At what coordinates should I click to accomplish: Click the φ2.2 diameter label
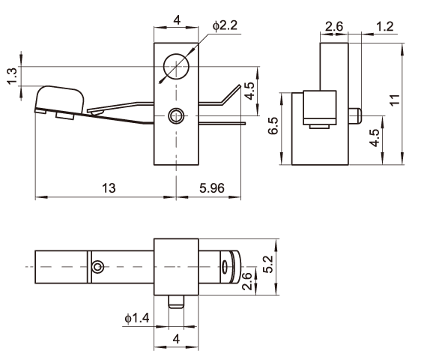[225, 25]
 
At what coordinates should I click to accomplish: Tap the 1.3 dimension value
[13, 76]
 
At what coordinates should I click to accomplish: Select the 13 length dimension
[109, 187]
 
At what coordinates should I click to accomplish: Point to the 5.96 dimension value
[212, 187]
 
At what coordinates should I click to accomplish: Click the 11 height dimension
[395, 100]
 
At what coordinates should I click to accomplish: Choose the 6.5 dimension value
[273, 125]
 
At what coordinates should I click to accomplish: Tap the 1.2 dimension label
[385, 26]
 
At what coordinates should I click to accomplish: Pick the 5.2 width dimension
[268, 264]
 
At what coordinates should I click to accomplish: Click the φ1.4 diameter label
[137, 318]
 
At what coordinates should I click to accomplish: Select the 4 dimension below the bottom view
[176, 338]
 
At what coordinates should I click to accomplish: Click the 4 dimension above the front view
[177, 20]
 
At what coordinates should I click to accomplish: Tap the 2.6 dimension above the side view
[334, 26]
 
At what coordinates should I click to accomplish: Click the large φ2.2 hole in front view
[176, 54]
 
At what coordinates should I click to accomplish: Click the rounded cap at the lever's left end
[60, 87]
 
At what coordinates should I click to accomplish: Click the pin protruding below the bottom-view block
[176, 301]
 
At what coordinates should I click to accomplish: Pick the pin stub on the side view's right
[355, 115]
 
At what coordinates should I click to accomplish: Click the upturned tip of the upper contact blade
[231, 94]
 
